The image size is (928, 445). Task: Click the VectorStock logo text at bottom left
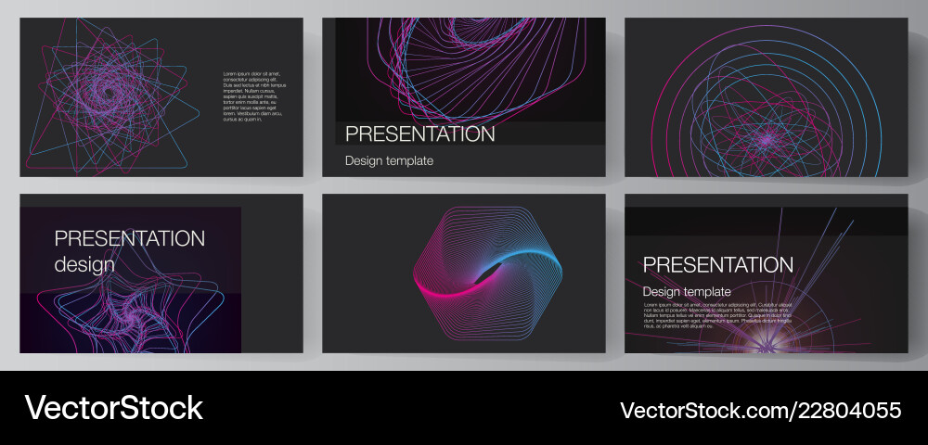[x=113, y=408]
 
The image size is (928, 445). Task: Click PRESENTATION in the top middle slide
[x=419, y=133]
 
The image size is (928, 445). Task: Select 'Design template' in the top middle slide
[x=389, y=160]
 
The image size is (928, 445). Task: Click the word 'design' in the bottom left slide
[x=84, y=264]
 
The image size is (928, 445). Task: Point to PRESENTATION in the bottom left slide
[x=129, y=238]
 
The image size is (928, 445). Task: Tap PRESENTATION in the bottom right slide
[x=718, y=265]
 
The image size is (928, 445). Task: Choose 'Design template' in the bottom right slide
[x=687, y=291]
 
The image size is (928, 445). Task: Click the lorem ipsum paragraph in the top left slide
[x=250, y=96]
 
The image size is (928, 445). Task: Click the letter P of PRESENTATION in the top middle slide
[x=352, y=133]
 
